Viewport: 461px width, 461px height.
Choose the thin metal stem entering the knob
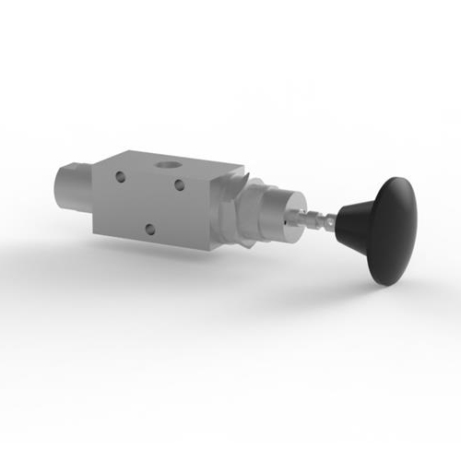coord(313,221)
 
